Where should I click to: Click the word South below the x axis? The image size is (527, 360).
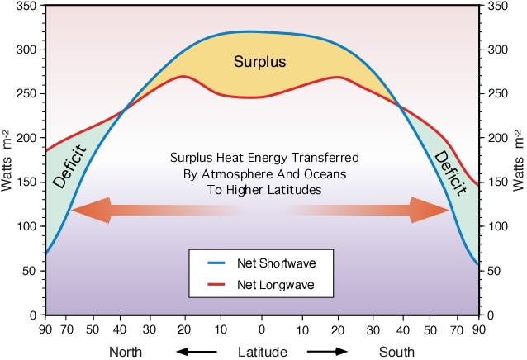pos(396,352)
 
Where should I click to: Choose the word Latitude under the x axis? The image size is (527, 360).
pos(262,352)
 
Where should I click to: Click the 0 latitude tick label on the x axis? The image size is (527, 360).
pos(262,330)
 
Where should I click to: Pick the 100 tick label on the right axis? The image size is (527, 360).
pos(498,226)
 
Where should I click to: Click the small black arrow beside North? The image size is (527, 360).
pos(195,352)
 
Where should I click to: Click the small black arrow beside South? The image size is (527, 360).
pos(328,352)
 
